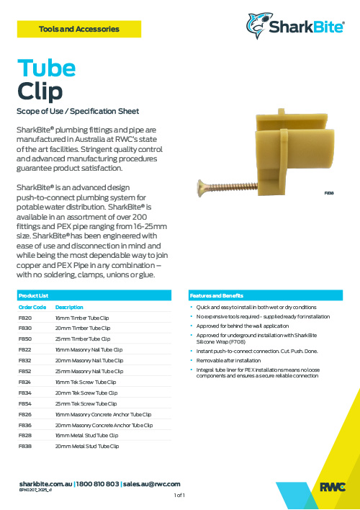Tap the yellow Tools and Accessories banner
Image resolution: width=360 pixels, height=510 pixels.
(79, 30)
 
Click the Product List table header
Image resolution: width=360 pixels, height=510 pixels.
(33, 296)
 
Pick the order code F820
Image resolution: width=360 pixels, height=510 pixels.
(25, 317)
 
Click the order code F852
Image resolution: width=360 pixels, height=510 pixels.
(25, 371)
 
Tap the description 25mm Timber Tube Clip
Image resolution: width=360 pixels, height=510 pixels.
(82, 339)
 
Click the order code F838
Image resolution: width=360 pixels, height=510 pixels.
(25, 447)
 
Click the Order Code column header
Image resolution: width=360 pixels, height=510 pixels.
(32, 307)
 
